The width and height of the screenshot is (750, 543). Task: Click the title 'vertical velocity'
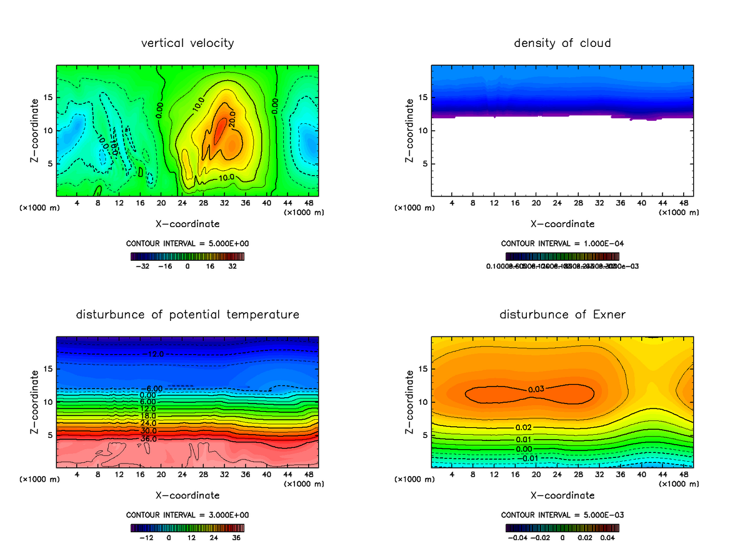[187, 43]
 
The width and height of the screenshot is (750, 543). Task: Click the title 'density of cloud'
[562, 43]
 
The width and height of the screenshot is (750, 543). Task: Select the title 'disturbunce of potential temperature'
[187, 314]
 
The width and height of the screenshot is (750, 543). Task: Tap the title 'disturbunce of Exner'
[562, 314]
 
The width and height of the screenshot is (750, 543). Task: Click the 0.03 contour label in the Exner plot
[536, 389]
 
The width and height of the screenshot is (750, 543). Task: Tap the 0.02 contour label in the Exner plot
[523, 427]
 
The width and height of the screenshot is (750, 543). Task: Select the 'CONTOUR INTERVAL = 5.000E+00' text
[187, 243]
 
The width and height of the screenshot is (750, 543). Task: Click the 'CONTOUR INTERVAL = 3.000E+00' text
[187, 515]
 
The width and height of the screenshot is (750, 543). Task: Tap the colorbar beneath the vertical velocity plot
[187, 256]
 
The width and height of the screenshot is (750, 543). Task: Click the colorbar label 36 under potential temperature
[237, 537]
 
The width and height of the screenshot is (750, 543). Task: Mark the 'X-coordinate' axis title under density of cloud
[562, 223]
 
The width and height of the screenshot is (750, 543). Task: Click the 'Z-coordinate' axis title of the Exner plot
[410, 402]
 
